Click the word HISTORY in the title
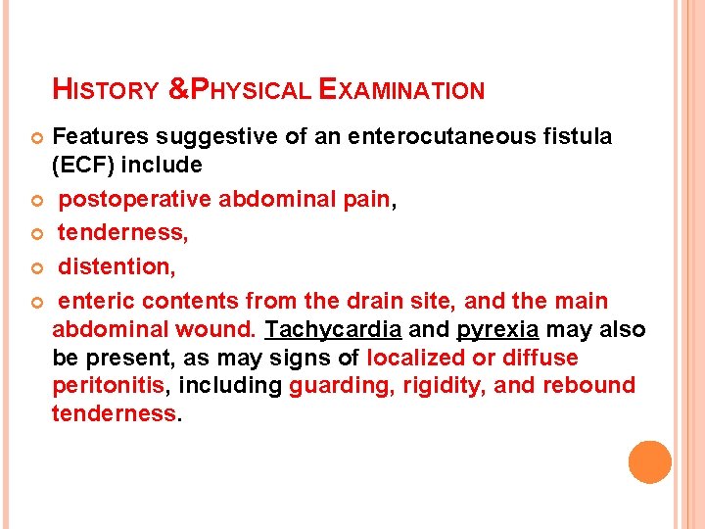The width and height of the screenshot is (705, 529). [x=106, y=91]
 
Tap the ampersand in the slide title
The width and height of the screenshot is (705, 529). [x=178, y=91]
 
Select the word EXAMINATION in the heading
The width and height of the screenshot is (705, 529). [x=401, y=91]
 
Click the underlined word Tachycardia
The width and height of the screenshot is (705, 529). [x=333, y=329]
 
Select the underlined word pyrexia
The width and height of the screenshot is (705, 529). [x=497, y=329]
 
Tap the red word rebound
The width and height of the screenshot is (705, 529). [x=587, y=385]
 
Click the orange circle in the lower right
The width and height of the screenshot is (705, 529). [x=649, y=462]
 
